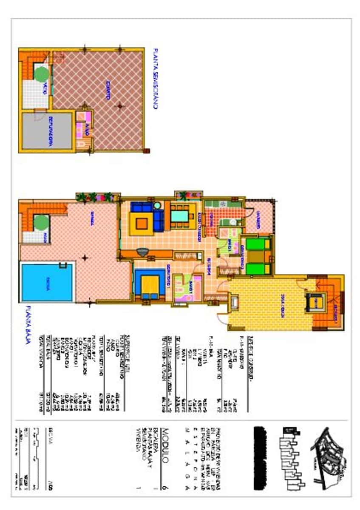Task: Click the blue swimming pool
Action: [x=47, y=283]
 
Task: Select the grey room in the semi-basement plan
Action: [x=47, y=131]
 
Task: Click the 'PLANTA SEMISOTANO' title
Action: [x=156, y=79]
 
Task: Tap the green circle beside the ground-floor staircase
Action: [x=41, y=222]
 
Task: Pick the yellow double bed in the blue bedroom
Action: [x=150, y=286]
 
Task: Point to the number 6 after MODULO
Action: [x=166, y=489]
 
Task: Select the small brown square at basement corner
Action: [x=147, y=150]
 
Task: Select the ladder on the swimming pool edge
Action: [x=63, y=266]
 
